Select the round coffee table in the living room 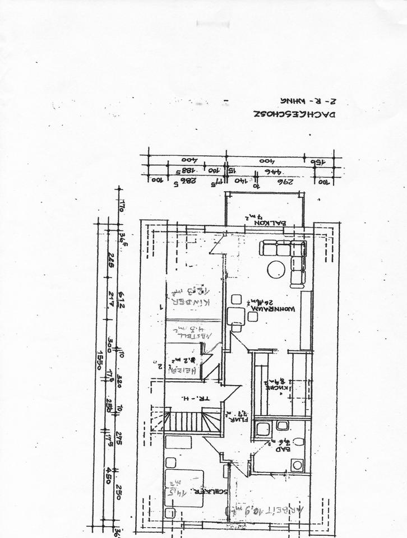pyautogui.click(x=276, y=270)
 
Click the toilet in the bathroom pyautogui.click(x=298, y=442)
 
